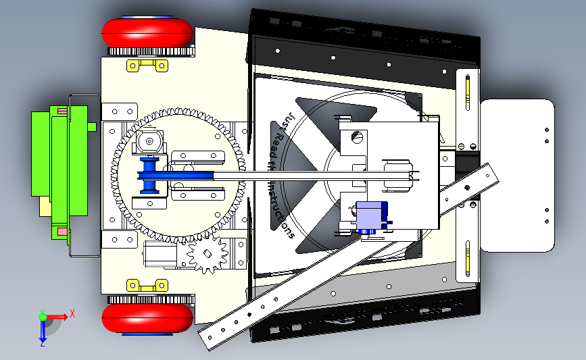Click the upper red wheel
click(147, 32)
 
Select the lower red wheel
click(147, 319)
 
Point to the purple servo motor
click(371, 218)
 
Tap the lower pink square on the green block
click(62, 232)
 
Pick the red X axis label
click(72, 313)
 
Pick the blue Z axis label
click(42, 342)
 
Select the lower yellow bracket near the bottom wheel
click(147, 284)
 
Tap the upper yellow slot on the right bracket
click(467, 94)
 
